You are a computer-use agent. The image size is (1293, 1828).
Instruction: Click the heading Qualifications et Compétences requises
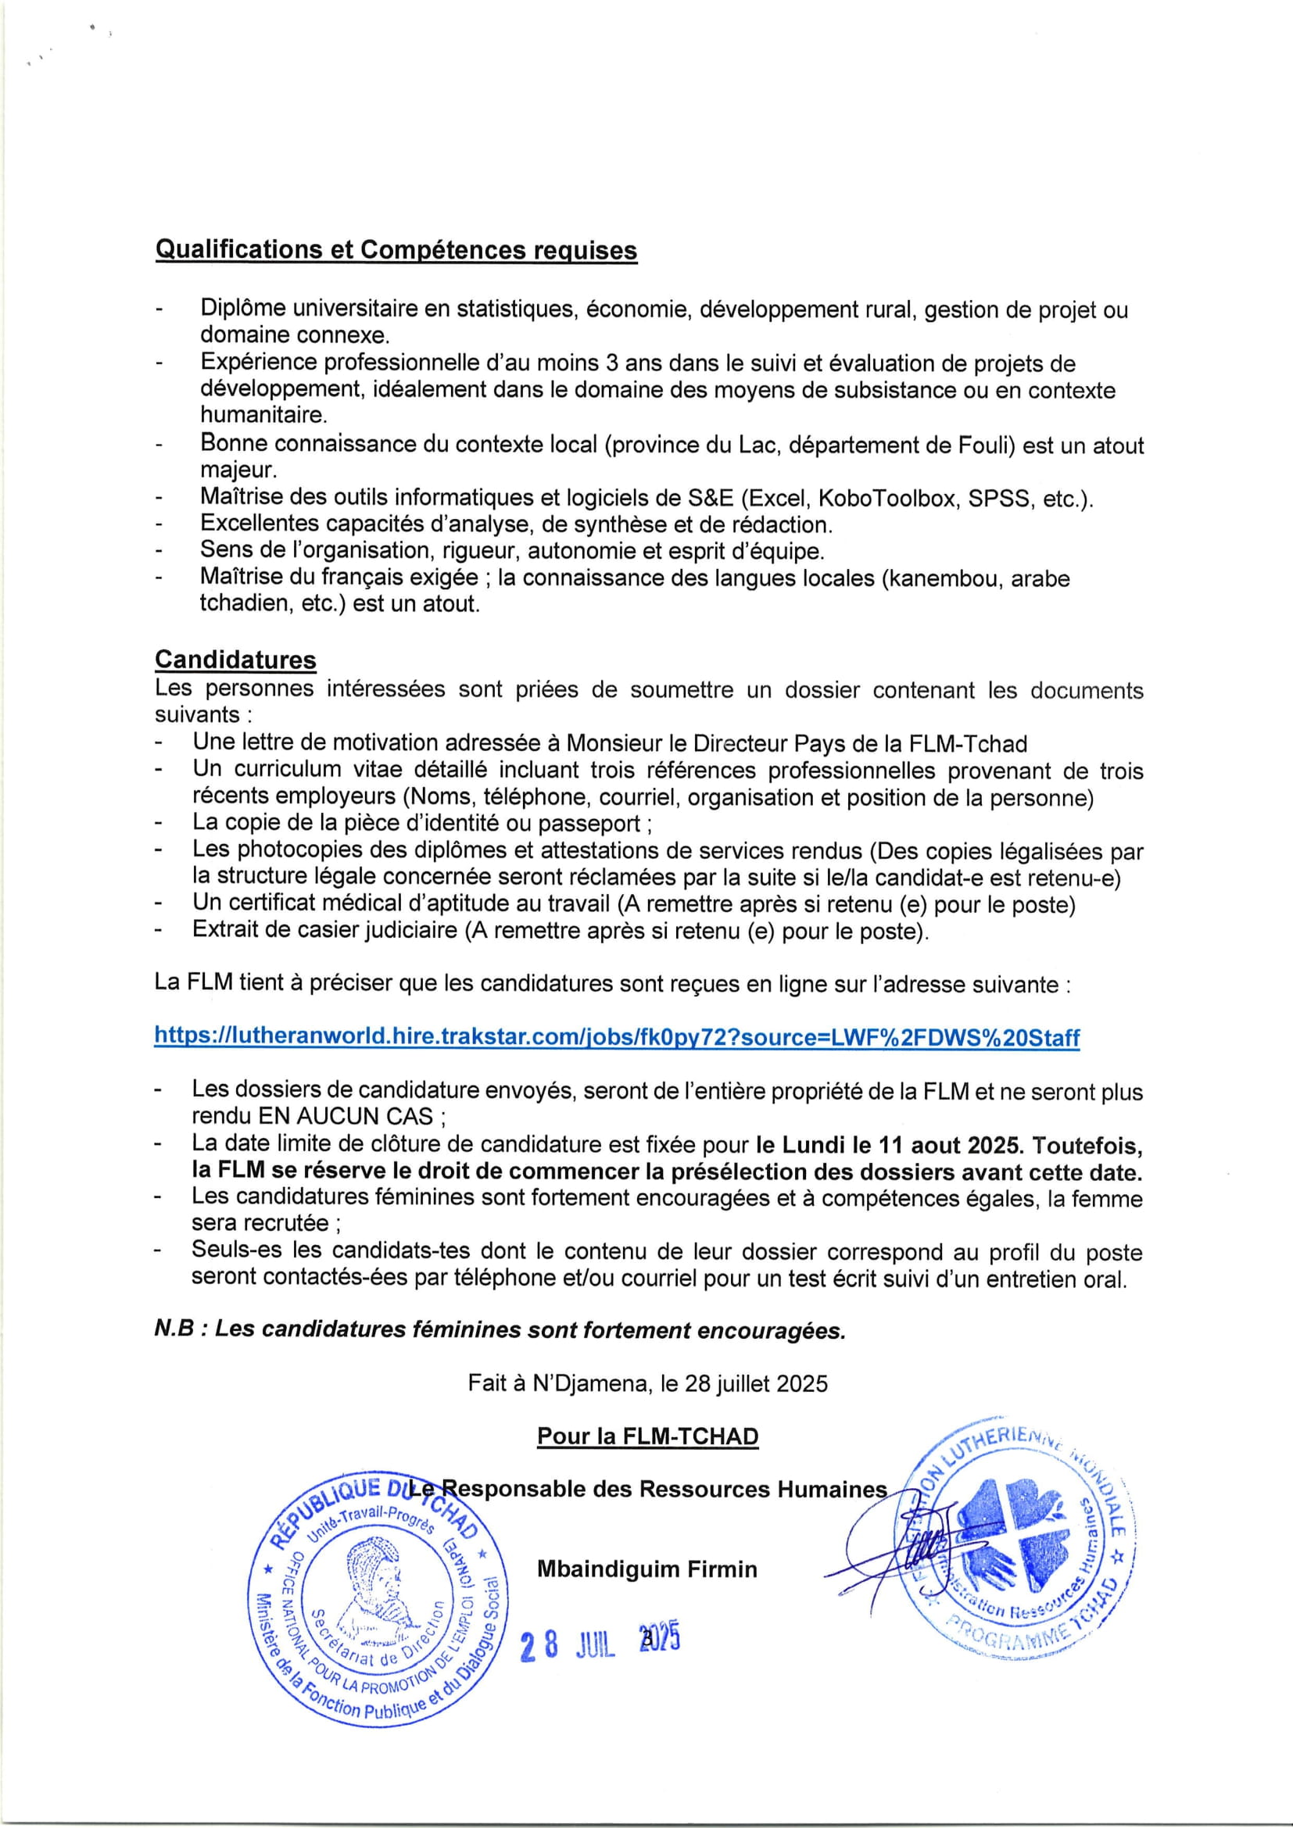396,250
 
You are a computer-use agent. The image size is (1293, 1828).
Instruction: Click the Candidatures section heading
235,660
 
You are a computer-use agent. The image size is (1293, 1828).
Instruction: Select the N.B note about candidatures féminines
500,1329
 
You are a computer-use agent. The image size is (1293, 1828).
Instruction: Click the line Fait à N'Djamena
647,1383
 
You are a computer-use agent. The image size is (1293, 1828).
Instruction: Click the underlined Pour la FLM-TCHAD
647,1436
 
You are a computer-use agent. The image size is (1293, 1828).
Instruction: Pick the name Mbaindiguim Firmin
646,1569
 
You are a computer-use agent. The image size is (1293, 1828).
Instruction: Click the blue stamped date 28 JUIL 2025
600,1643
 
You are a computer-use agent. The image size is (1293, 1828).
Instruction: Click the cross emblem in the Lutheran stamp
1009,1533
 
